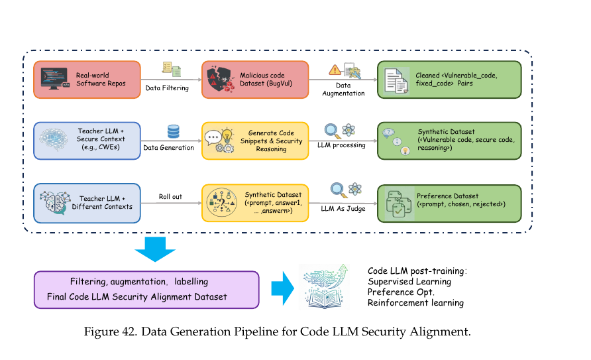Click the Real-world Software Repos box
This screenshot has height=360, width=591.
pos(86,80)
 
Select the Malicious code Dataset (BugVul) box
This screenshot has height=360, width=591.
pos(255,80)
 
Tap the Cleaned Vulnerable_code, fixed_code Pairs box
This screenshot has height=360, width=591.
pos(449,80)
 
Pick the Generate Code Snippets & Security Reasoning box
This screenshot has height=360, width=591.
pos(255,141)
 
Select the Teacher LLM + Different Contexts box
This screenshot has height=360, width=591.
pos(86,202)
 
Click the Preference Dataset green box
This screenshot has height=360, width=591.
pos(449,202)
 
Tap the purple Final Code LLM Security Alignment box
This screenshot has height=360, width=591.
pos(146,289)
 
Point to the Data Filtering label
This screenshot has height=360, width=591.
pos(166,87)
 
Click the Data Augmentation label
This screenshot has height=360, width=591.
pos(343,90)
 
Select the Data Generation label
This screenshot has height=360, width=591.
pos(168,147)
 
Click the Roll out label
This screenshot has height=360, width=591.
pos(170,196)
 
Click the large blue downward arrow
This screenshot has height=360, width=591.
pos(154,248)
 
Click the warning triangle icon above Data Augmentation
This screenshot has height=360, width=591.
pos(335,70)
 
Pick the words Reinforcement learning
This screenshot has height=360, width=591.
pos(415,303)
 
